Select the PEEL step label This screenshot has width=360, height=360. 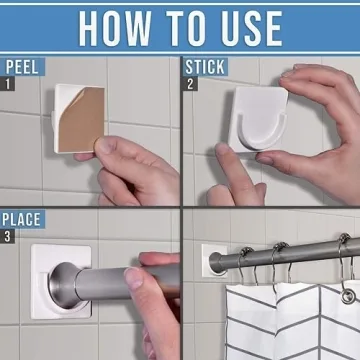click(x=22, y=68)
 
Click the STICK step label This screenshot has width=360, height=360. click(x=207, y=68)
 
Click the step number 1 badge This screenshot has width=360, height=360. click(x=7, y=85)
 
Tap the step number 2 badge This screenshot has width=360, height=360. click(x=190, y=85)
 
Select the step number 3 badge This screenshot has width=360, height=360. click(x=7, y=235)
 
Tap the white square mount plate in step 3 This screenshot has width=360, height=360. click(x=40, y=300)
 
